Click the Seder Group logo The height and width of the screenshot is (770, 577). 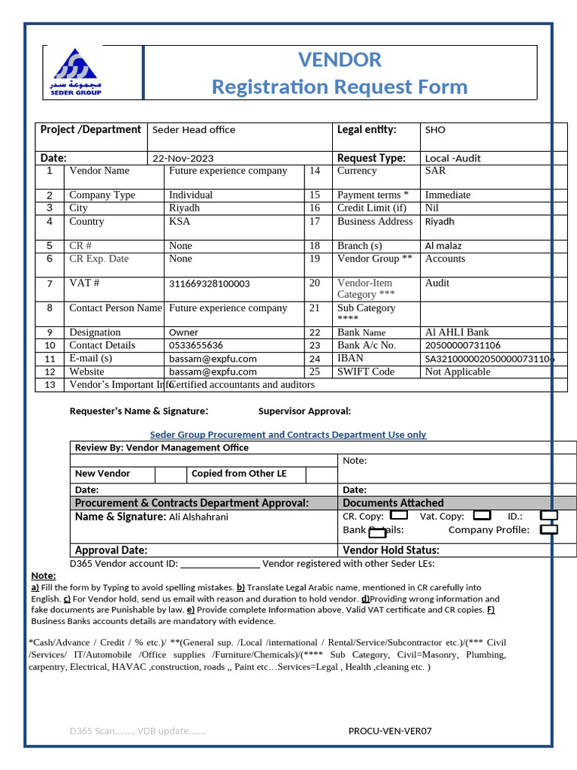[77, 72]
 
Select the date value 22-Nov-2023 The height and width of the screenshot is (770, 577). [183, 159]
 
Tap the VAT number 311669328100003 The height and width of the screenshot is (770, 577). [210, 284]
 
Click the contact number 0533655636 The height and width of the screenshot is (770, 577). [196, 345]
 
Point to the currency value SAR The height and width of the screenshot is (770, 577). [435, 171]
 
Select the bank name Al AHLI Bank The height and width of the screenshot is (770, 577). [457, 332]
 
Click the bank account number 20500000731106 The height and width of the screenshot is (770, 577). [463, 345]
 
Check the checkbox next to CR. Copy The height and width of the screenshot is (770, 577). [400, 516]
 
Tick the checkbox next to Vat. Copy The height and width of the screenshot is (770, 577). [482, 516]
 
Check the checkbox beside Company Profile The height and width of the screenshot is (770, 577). [549, 529]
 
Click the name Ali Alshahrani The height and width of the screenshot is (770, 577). [198, 517]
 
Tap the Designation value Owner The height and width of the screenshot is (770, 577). [183, 332]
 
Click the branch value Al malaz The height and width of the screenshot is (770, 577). [443, 246]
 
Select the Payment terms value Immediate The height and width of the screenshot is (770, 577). [448, 195]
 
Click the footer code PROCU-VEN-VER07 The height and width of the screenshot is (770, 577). [390, 731]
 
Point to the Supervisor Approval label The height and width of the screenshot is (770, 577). [304, 411]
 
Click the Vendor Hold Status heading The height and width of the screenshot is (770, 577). [391, 550]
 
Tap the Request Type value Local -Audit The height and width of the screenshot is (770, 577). [452, 159]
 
